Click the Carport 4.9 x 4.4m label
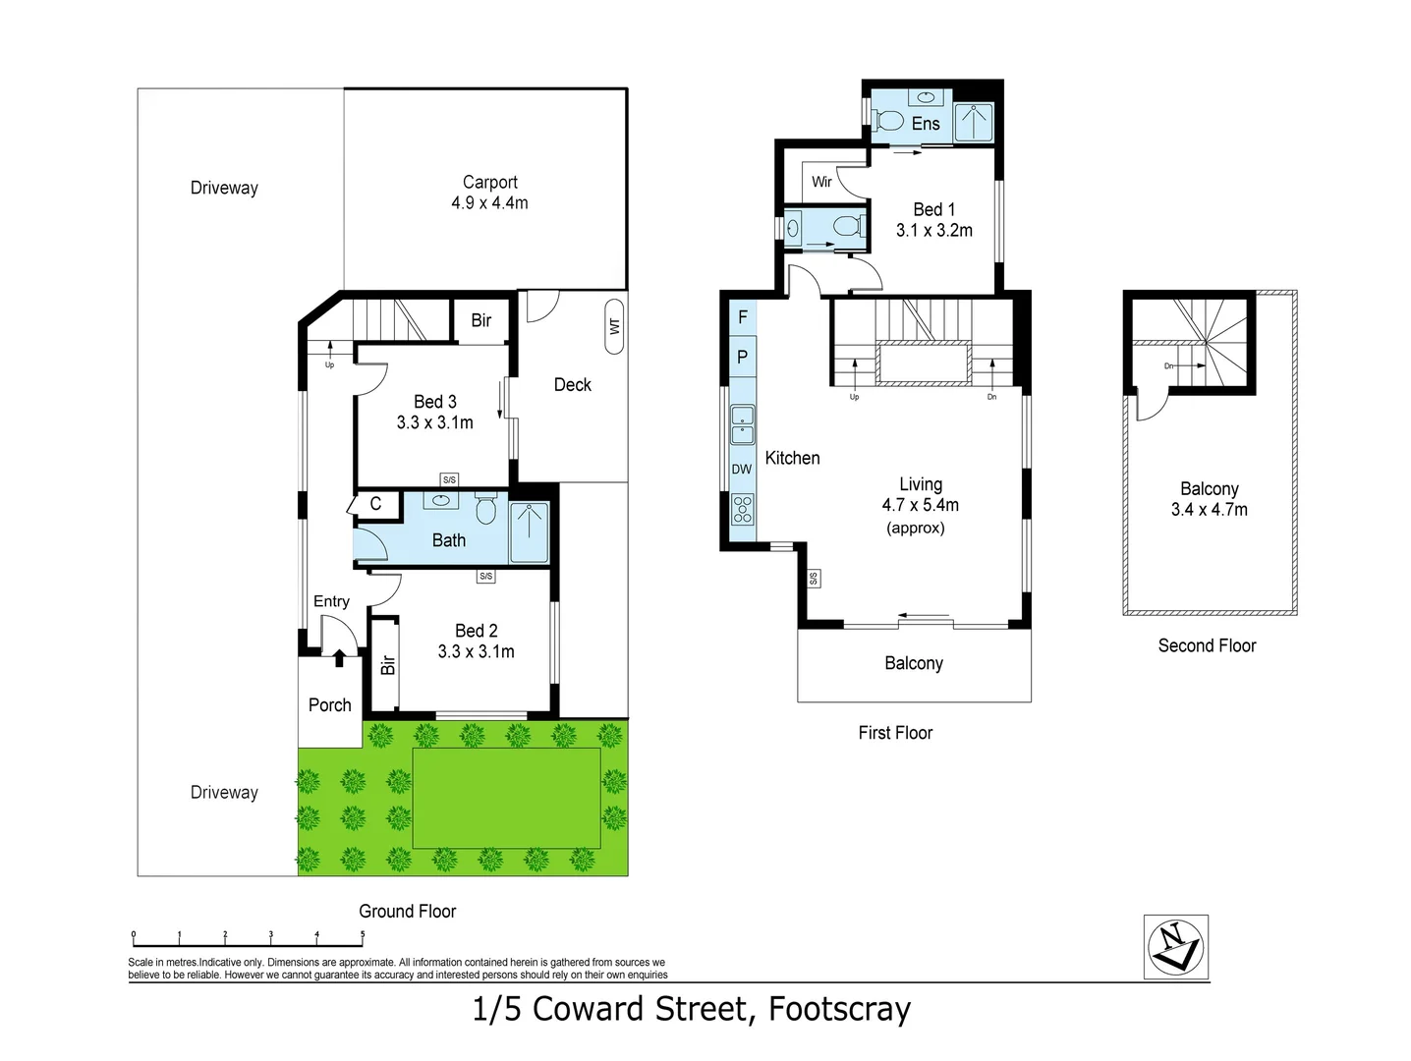489,193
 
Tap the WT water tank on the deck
615,325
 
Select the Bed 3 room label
434,402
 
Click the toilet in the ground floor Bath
485,510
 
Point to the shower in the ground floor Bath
530,532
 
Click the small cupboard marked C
375,504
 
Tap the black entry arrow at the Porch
339,657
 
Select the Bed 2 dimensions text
476,651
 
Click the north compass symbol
1175,948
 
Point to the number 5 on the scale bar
363,935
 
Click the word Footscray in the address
839,1009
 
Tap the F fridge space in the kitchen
742,317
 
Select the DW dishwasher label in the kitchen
742,470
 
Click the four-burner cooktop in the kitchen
742,509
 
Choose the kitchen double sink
742,425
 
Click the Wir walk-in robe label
821,182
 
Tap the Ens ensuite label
926,124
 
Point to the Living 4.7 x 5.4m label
920,495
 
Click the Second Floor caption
1207,645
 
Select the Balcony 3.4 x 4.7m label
1209,499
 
